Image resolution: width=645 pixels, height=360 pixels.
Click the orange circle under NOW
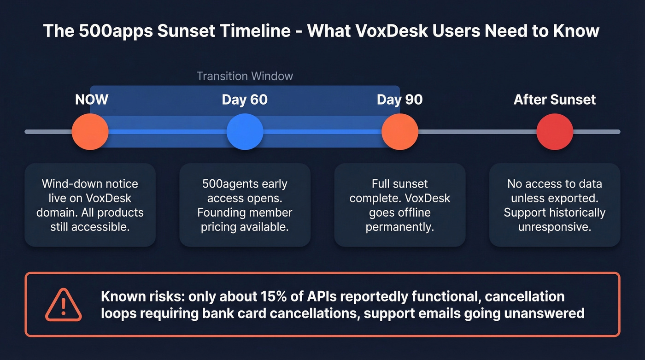coord(90,132)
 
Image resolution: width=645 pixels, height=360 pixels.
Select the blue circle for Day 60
coord(245,132)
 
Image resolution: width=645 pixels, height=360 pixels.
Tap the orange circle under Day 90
coord(400,132)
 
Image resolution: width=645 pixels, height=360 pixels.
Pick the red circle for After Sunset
coord(555,132)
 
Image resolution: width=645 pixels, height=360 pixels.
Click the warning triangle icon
coord(64,305)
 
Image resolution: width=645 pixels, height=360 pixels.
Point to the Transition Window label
coord(245,76)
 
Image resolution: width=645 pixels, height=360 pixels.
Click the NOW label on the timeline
coord(92,100)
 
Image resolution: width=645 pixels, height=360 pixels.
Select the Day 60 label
coord(245,100)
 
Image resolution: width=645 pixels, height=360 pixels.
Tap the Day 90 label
coord(400,100)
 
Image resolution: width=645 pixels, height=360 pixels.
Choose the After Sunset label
coord(555,100)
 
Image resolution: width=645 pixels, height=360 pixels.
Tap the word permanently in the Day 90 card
coord(400,227)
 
